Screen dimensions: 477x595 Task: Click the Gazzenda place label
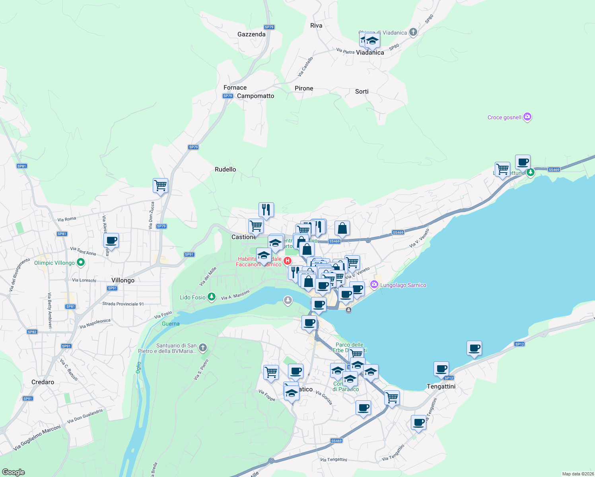[x=251, y=34]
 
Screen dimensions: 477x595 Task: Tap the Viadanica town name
[x=370, y=52]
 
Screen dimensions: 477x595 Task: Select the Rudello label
[x=225, y=169]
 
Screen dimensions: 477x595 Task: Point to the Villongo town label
[x=123, y=280]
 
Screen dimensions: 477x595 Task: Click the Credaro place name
[x=43, y=382]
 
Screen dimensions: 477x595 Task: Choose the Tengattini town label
[x=441, y=386]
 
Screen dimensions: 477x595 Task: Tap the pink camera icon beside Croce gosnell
[x=527, y=117]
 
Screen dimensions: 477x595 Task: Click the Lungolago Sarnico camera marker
[x=374, y=285]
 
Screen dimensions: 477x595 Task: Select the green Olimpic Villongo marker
[x=81, y=262]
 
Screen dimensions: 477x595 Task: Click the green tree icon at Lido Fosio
[x=212, y=297]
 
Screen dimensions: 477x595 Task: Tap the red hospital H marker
[x=287, y=261]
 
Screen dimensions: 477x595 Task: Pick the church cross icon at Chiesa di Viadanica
[x=413, y=32]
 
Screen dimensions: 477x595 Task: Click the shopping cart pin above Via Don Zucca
[x=160, y=185]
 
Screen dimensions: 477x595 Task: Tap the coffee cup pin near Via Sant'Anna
[x=111, y=240]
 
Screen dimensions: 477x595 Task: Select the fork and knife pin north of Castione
[x=266, y=209]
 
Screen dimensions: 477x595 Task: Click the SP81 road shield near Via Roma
[x=62, y=234]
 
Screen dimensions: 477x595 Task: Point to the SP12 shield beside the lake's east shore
[x=519, y=344]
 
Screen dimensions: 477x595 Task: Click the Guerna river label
[x=171, y=324]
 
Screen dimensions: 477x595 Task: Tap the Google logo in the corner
[x=13, y=472]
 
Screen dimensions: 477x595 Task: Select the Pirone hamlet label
[x=304, y=88]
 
